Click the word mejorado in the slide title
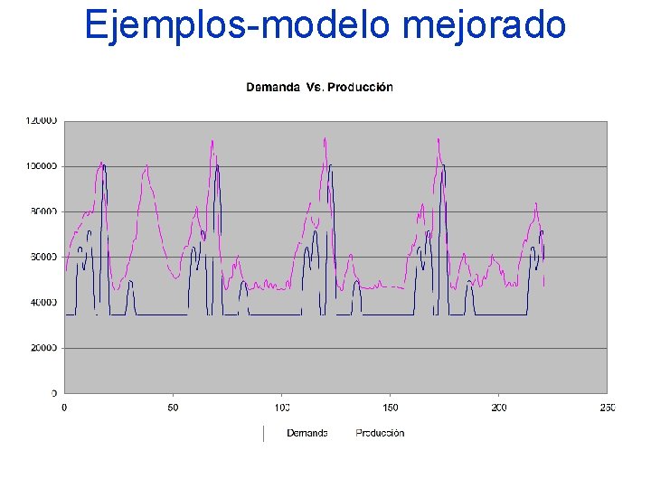[484, 24]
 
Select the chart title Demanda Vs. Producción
[319, 88]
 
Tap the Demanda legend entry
[307, 433]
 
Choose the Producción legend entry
[380, 433]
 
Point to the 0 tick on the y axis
[53, 393]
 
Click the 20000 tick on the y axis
[42, 348]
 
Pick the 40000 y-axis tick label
[42, 303]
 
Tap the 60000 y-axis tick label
[42, 258]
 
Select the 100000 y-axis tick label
[40, 166]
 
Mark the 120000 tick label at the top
[40, 120]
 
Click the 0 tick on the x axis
[64, 408]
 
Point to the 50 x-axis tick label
[173, 408]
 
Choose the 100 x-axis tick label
[281, 408]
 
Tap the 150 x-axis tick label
[390, 408]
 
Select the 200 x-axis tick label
[498, 408]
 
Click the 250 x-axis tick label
[607, 408]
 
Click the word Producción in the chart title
[360, 88]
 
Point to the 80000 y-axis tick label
[42, 211]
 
